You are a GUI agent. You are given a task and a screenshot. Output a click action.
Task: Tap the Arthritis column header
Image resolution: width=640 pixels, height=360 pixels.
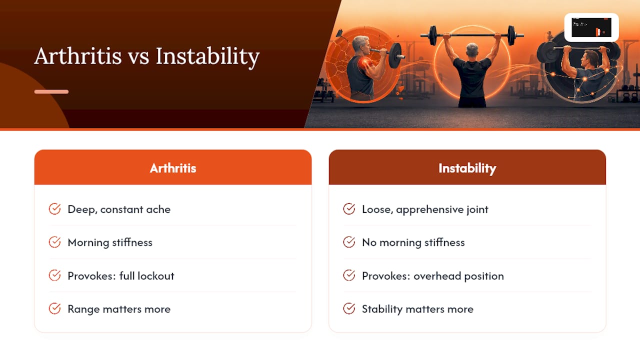pos(173,167)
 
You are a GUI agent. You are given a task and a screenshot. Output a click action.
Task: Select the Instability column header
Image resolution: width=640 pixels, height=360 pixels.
pos(467,167)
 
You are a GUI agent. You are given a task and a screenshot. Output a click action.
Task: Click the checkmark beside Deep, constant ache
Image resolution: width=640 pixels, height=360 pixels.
pos(54,209)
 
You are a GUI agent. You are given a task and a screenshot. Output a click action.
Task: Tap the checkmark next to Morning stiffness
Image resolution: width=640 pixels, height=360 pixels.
pos(54,242)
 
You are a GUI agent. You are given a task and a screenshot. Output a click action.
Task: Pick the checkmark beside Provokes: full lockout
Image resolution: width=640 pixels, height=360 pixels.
pos(54,275)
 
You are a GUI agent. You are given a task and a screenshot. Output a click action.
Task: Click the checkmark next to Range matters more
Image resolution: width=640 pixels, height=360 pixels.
pos(54,308)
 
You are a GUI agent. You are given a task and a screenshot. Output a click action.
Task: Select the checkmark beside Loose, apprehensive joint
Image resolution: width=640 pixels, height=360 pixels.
pos(349,209)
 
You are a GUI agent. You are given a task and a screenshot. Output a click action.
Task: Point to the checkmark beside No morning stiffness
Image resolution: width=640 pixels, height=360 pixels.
pos(349,242)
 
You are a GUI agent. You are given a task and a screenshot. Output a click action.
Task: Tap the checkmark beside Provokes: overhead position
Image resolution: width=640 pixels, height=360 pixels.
pos(349,275)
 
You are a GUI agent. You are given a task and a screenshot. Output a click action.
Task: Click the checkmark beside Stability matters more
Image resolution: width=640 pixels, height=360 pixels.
pos(349,308)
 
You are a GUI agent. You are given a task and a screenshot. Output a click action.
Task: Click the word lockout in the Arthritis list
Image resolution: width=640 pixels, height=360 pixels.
pos(155,276)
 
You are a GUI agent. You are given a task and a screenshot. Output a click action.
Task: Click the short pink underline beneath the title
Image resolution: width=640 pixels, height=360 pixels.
pos(51,91)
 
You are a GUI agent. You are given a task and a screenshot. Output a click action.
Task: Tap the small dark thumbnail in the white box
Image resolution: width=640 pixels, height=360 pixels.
pos(591,27)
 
